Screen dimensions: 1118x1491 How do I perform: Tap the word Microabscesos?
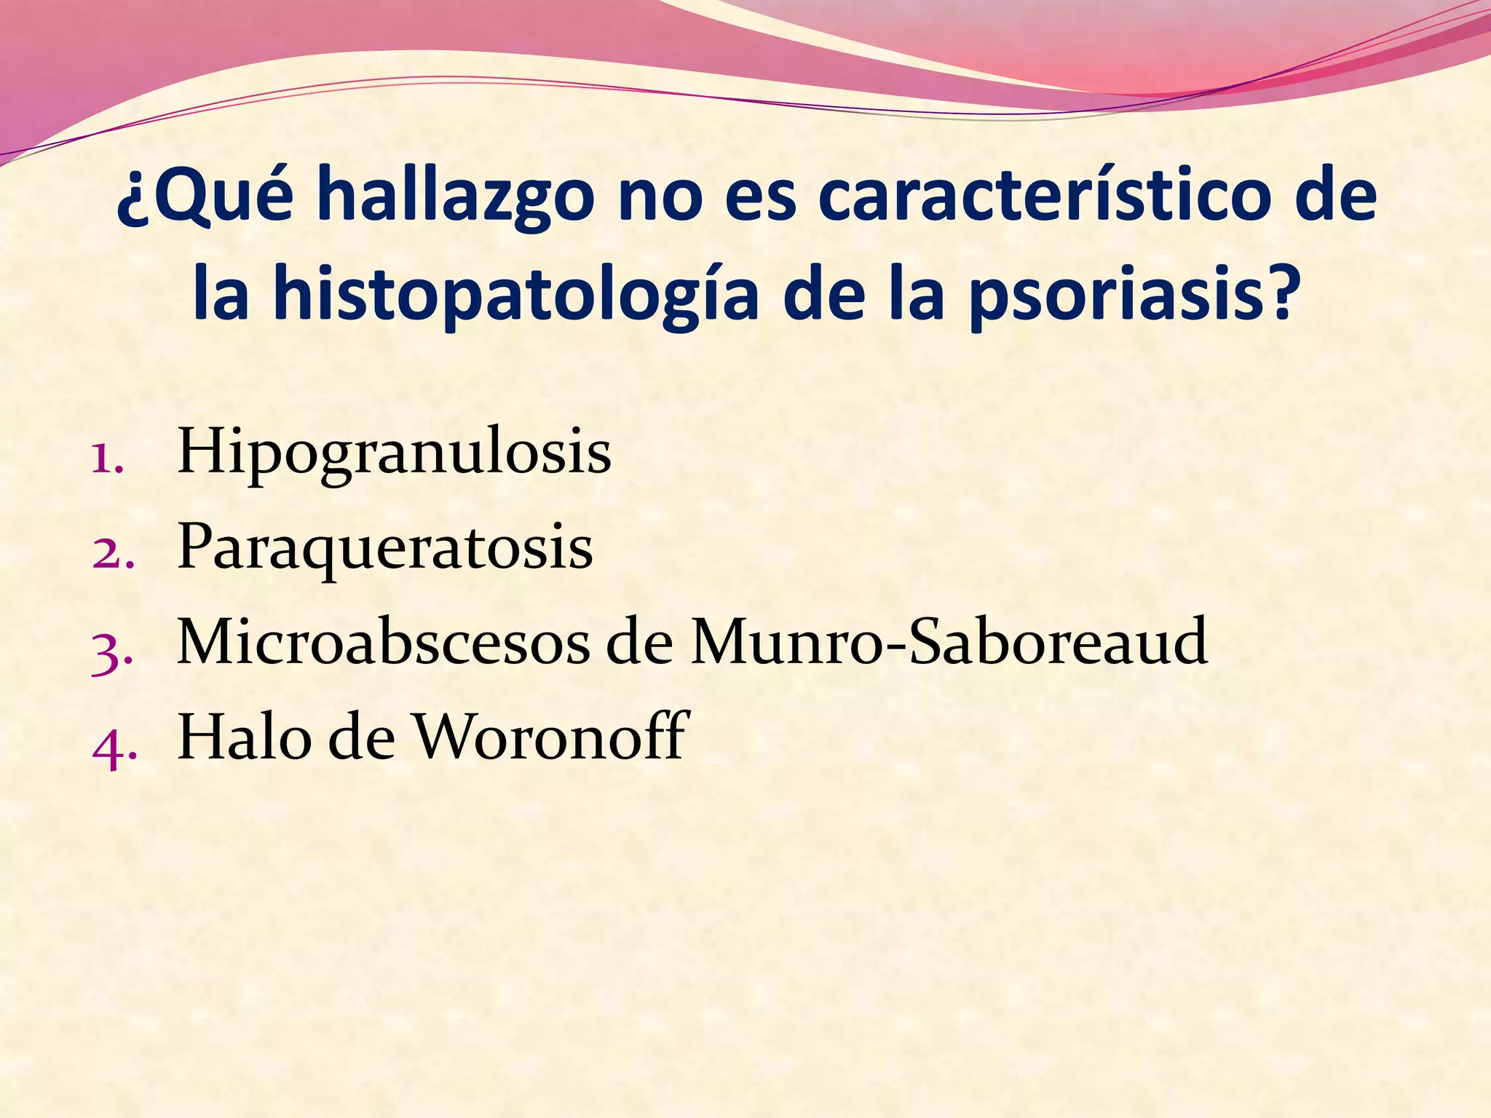pyautogui.click(x=383, y=643)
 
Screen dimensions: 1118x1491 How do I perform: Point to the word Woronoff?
pyautogui.click(x=550, y=737)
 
